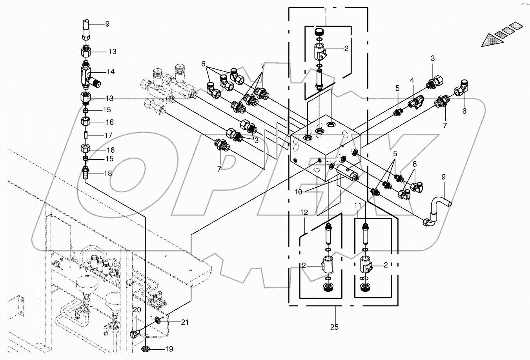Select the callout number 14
click(x=111, y=72)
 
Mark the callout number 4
click(x=412, y=80)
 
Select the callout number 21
click(x=185, y=322)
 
